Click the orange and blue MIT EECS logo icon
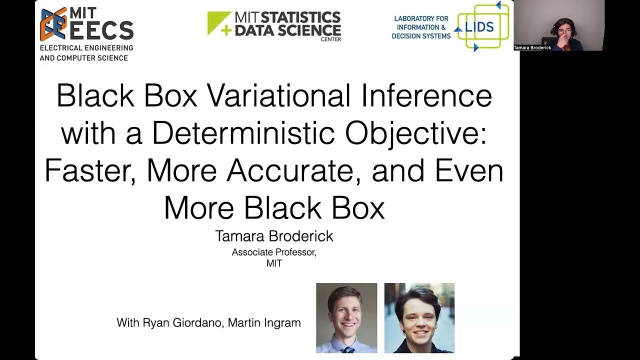click(53, 24)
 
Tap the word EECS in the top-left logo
click(101, 31)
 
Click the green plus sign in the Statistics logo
click(212, 30)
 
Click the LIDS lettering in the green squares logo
click(479, 27)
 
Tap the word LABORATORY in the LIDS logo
click(421, 18)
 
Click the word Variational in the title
click(277, 95)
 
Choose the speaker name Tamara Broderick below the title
click(274, 236)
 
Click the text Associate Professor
click(274, 252)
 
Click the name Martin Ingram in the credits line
click(264, 323)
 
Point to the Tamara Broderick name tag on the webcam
click(532, 48)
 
